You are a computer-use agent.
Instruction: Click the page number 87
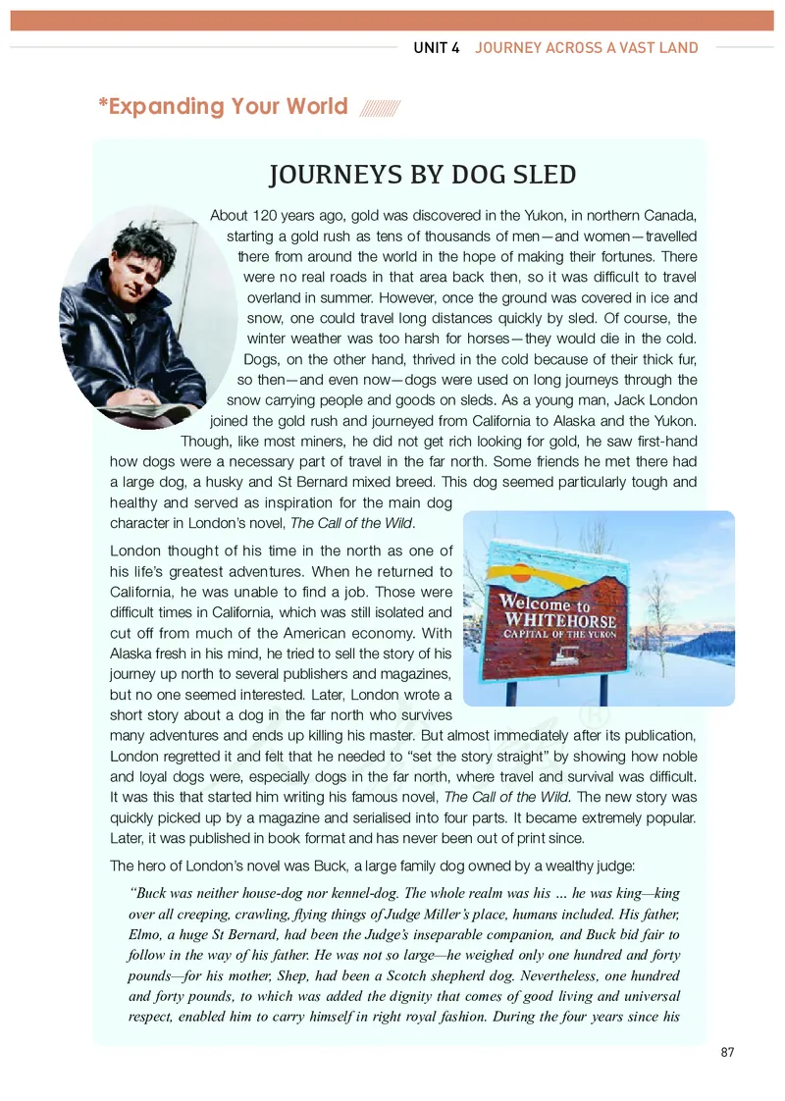pyautogui.click(x=727, y=1052)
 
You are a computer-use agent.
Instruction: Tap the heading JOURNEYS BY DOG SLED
pyautogui.click(x=422, y=175)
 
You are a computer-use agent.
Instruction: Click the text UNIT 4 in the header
pyautogui.click(x=437, y=47)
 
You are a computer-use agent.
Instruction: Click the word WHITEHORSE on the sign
pyautogui.click(x=560, y=621)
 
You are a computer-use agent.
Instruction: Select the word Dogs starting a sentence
pyautogui.click(x=260, y=359)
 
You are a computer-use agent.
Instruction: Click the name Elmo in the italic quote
pyautogui.click(x=148, y=932)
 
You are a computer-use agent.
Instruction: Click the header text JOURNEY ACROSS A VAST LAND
pyautogui.click(x=587, y=47)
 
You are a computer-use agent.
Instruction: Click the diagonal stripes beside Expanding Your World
pyautogui.click(x=380, y=107)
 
